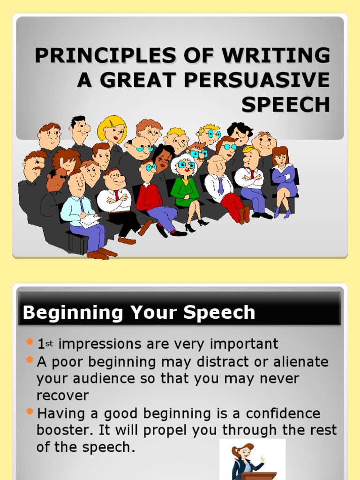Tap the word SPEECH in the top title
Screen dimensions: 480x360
coord(285,105)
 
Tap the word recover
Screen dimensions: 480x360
coord(62,396)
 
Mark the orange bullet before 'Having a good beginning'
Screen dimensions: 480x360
coord(30,412)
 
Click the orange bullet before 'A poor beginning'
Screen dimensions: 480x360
coord(30,360)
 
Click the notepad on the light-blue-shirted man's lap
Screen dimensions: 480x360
coord(89,221)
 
